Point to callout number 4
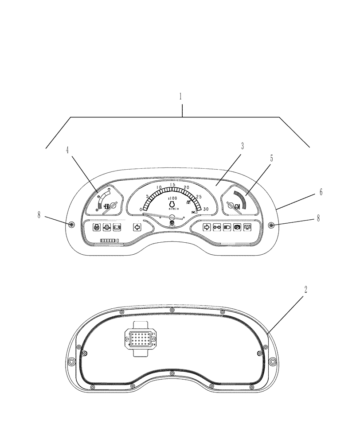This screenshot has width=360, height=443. point(67,151)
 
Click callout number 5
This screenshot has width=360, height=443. point(271,158)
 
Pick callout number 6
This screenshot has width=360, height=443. point(321,192)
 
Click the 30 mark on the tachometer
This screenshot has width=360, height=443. point(206,209)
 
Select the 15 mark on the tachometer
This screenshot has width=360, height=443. point(173,185)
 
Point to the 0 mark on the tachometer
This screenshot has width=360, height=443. point(141,209)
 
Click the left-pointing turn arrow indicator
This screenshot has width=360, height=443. point(137,227)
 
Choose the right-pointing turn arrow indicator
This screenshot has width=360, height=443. point(206,227)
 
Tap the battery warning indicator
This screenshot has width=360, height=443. point(117,227)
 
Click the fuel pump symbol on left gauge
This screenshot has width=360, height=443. point(106,206)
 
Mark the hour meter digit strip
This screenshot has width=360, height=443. point(110,240)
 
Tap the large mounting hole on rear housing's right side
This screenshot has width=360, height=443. point(272,362)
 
